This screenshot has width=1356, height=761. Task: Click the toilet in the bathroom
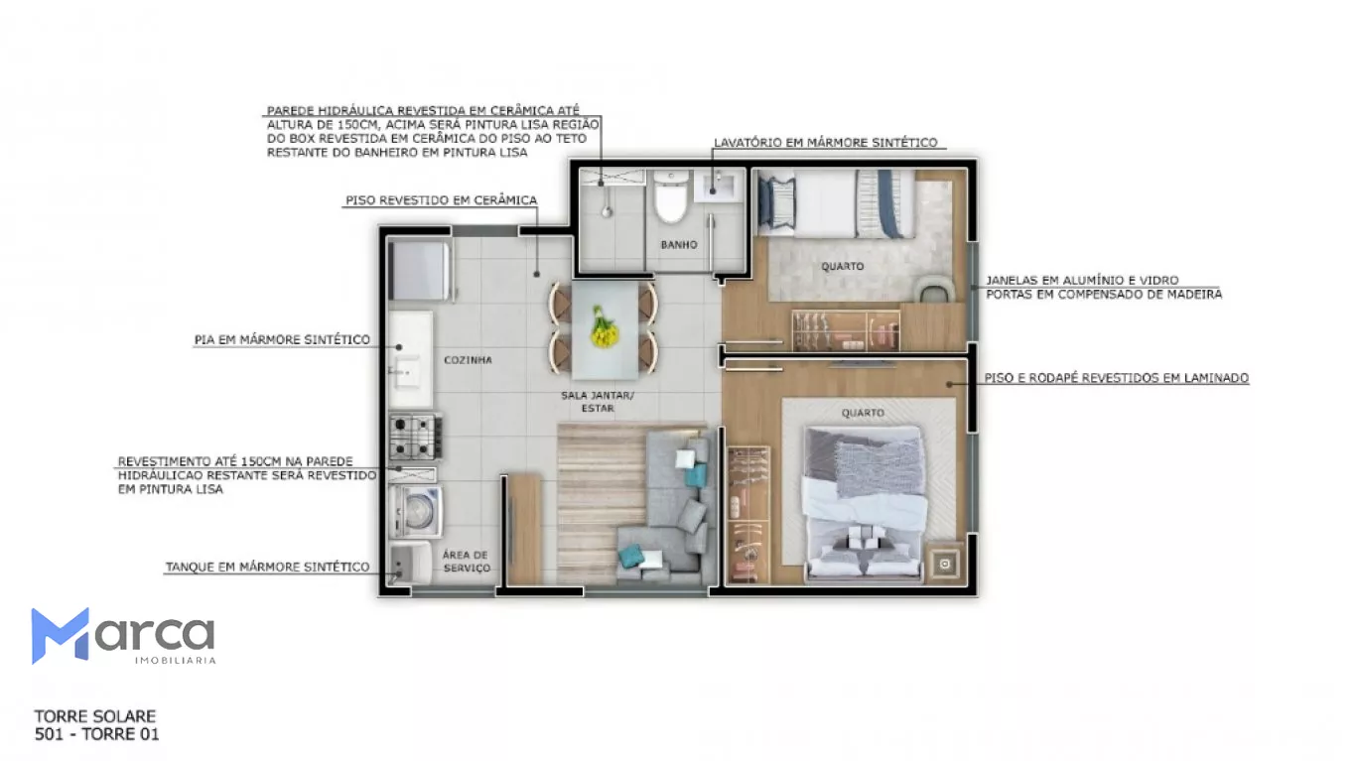click(x=670, y=196)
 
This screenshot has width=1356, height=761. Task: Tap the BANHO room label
click(x=679, y=245)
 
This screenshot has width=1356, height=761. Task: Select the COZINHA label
click(x=468, y=360)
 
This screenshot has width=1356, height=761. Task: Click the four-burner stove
click(x=415, y=437)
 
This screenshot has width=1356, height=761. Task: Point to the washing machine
click(x=415, y=512)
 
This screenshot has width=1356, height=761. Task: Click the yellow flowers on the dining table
click(x=604, y=327)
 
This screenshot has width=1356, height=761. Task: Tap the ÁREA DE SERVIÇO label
click(x=466, y=562)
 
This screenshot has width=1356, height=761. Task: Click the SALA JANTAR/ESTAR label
click(x=597, y=402)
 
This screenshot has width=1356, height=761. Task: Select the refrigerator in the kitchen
click(x=420, y=271)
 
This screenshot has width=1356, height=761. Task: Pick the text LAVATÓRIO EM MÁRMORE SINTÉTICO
click(x=826, y=143)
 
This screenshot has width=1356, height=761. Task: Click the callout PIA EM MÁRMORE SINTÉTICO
click(x=282, y=340)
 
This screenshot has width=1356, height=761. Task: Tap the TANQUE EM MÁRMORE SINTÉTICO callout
click(x=268, y=568)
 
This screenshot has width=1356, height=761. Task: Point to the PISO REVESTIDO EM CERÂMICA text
click(x=442, y=200)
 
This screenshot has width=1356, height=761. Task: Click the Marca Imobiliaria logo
click(x=123, y=636)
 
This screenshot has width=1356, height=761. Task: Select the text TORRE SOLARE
click(x=95, y=716)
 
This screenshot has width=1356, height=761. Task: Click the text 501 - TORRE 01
click(x=97, y=734)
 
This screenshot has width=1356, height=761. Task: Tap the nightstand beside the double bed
click(x=944, y=565)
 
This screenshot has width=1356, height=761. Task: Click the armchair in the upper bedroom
click(x=936, y=289)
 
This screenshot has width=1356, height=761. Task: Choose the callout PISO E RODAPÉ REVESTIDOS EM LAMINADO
click(x=1117, y=378)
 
